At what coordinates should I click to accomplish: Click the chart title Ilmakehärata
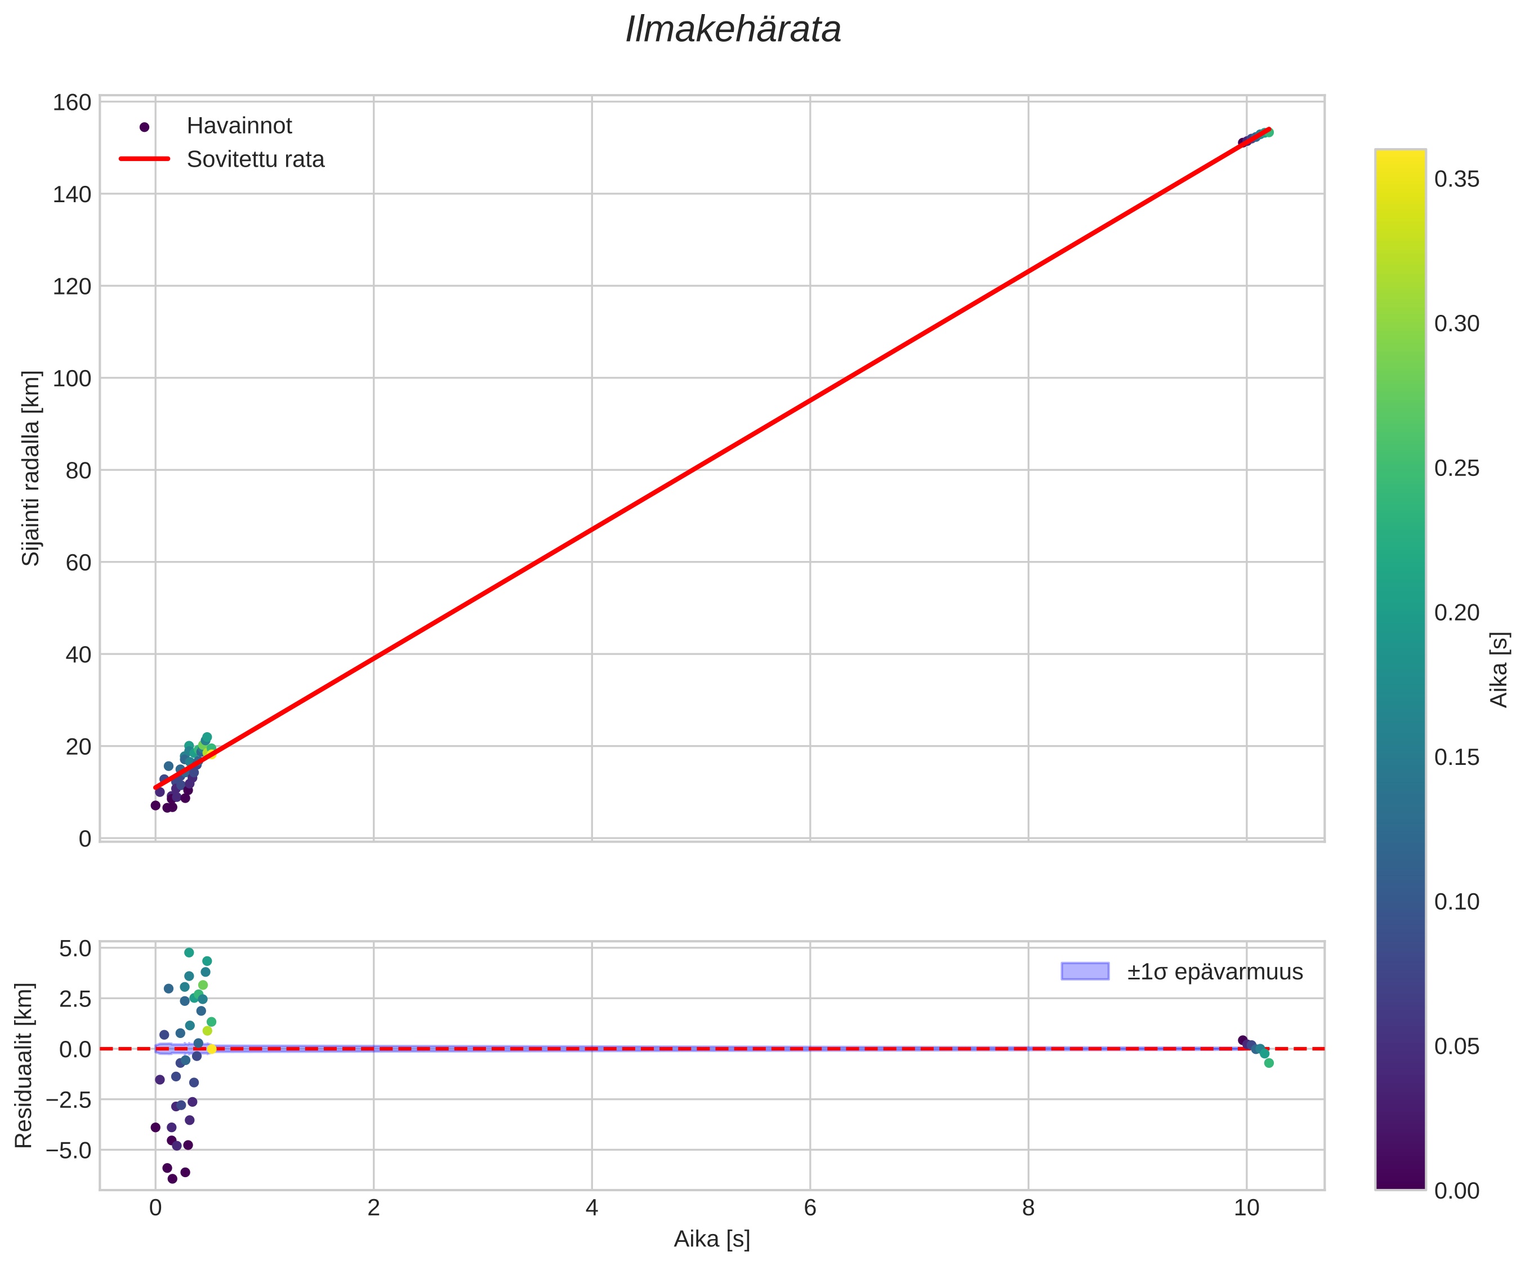click(733, 30)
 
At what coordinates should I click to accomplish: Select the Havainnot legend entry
click(239, 126)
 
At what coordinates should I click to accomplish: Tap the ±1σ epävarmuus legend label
click(1215, 972)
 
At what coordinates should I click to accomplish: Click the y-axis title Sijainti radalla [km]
click(31, 469)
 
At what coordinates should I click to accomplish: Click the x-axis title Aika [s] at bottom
click(712, 1240)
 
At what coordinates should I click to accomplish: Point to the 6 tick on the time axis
click(810, 1208)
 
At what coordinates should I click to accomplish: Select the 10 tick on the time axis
click(1246, 1208)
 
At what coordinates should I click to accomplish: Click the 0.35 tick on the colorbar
click(1457, 179)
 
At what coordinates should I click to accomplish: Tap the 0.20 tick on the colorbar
click(1457, 613)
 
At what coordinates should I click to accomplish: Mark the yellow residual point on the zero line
click(211, 1049)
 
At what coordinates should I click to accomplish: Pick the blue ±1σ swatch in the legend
click(1085, 972)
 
